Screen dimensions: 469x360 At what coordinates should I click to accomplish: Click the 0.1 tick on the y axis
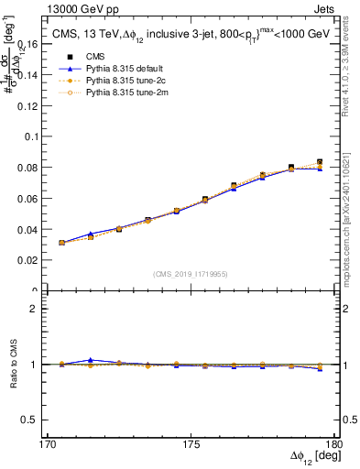[38, 136]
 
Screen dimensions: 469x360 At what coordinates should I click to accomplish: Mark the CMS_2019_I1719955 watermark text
[190, 274]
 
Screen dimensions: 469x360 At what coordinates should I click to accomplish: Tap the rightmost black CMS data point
[320, 162]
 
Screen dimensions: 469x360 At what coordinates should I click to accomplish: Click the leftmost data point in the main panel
[61, 243]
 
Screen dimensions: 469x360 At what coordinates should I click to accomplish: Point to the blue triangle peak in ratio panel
[90, 360]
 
